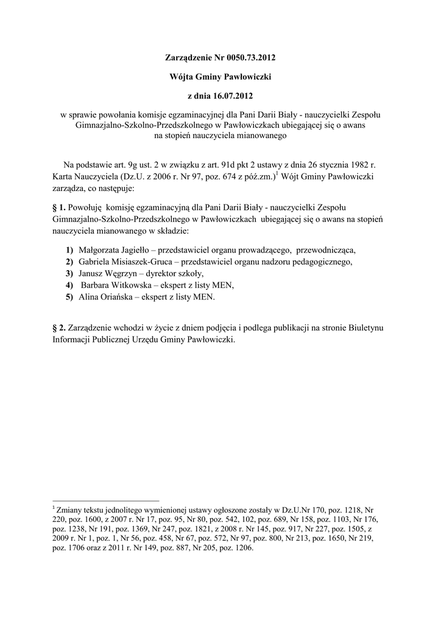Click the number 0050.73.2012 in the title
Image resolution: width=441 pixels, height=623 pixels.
[x=246, y=59]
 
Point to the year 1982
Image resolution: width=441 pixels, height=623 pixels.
[x=358, y=165]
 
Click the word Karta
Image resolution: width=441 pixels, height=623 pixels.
[x=63, y=176]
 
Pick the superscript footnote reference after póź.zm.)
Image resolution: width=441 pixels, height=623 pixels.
[x=277, y=174]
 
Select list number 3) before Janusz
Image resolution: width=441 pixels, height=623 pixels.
[x=70, y=274]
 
